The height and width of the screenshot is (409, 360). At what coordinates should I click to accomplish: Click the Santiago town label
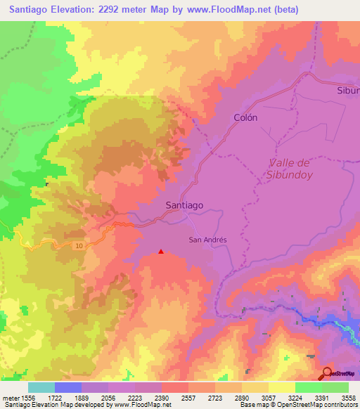click(184, 205)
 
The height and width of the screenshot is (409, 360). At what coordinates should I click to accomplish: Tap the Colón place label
click(245, 118)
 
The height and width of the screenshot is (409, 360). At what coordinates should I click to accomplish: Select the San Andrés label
click(208, 239)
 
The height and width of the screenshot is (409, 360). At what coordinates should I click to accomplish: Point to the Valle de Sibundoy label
click(289, 169)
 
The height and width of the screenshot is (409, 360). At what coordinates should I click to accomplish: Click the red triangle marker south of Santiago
click(162, 251)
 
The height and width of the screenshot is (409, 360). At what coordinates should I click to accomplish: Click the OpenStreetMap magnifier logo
click(328, 373)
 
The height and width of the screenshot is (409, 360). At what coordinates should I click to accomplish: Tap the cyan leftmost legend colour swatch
click(41, 387)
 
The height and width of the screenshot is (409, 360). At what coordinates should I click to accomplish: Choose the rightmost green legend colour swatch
click(335, 387)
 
